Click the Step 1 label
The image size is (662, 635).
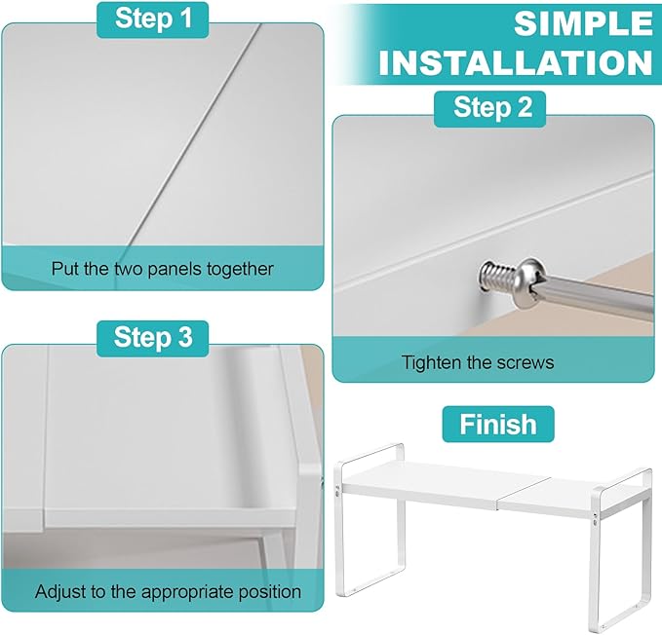pyautogui.click(x=153, y=19)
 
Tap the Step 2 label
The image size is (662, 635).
pyautogui.click(x=490, y=108)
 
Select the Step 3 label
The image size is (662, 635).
pyautogui.click(x=153, y=338)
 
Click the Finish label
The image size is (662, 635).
pyautogui.click(x=498, y=425)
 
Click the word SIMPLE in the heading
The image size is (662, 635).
pyautogui.click(x=583, y=23)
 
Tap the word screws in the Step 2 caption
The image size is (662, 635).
pyautogui.click(x=526, y=363)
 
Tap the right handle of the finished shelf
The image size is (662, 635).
pyautogui.click(x=625, y=481)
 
